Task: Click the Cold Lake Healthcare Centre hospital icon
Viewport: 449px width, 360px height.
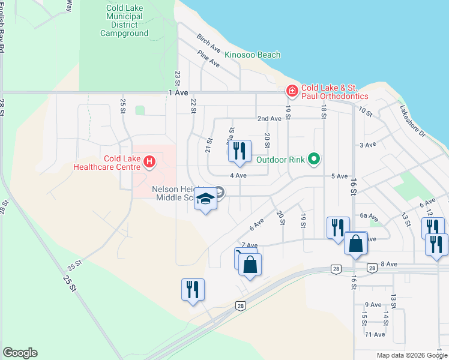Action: click(x=149, y=161)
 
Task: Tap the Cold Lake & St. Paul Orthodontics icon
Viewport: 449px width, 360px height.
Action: click(x=292, y=91)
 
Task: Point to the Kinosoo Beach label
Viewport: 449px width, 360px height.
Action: click(x=252, y=55)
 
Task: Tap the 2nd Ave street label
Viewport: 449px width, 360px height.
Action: click(x=270, y=119)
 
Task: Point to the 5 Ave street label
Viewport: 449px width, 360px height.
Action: click(x=340, y=176)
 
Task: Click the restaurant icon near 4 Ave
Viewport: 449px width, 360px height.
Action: click(x=239, y=151)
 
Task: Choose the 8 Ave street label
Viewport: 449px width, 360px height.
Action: click(x=389, y=264)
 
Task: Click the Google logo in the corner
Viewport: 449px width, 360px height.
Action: click(x=20, y=353)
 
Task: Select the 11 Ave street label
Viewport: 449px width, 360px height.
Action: click(x=375, y=334)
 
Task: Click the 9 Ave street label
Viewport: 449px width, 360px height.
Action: click(x=373, y=305)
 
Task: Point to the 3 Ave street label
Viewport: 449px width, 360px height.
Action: click(x=367, y=145)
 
